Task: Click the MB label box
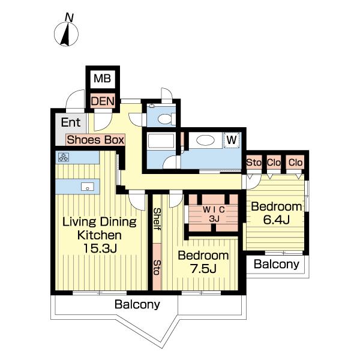(103, 79)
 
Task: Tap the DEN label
(103, 101)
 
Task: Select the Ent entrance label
(71, 122)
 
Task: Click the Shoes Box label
(95, 140)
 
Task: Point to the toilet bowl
(165, 119)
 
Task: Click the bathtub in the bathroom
(161, 141)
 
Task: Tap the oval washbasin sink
(206, 140)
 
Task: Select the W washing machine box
(232, 140)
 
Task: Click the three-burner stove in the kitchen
(64, 157)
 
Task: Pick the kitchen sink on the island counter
(88, 187)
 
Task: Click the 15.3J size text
(100, 248)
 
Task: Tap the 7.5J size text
(203, 269)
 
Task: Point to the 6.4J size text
(277, 220)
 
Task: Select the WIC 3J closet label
(214, 214)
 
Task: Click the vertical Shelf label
(157, 219)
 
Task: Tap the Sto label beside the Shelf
(157, 268)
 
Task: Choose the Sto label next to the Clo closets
(254, 163)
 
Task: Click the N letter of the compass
(69, 17)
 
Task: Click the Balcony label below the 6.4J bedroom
(277, 264)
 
